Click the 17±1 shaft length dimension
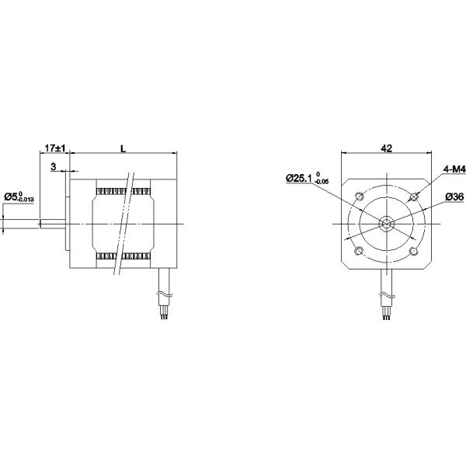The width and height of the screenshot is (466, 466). [x=54, y=148]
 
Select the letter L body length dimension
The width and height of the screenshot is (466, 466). [x=123, y=148]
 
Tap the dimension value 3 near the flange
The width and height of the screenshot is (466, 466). [x=53, y=167]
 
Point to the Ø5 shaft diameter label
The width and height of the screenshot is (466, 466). [x=19, y=197]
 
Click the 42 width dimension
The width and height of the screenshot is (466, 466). [x=386, y=148]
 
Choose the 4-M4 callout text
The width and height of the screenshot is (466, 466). [x=454, y=169]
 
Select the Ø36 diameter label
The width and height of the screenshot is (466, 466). [x=454, y=196]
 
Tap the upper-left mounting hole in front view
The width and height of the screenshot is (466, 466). [x=360, y=196]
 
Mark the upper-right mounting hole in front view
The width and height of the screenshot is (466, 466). [x=414, y=196]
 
